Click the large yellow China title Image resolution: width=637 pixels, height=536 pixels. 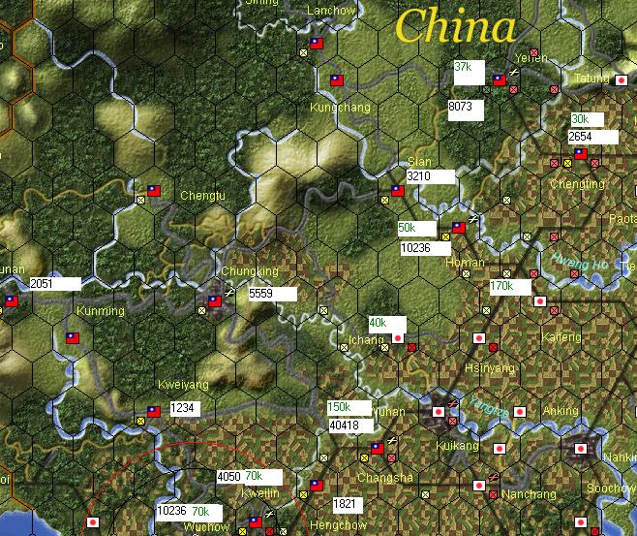click(454, 26)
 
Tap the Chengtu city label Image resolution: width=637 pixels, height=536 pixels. click(202, 196)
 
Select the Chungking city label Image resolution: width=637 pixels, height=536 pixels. click(250, 271)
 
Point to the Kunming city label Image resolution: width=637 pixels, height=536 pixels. click(101, 311)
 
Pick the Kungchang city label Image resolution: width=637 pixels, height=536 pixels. click(339, 107)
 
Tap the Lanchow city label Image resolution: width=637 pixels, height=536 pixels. click(331, 11)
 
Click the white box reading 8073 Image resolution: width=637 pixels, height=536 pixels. click(465, 107)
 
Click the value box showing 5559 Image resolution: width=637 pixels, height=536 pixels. click(271, 293)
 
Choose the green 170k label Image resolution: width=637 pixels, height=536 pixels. click(509, 287)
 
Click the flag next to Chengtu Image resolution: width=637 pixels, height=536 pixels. click(153, 191)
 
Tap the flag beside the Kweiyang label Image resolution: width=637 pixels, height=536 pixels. click(153, 411)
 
